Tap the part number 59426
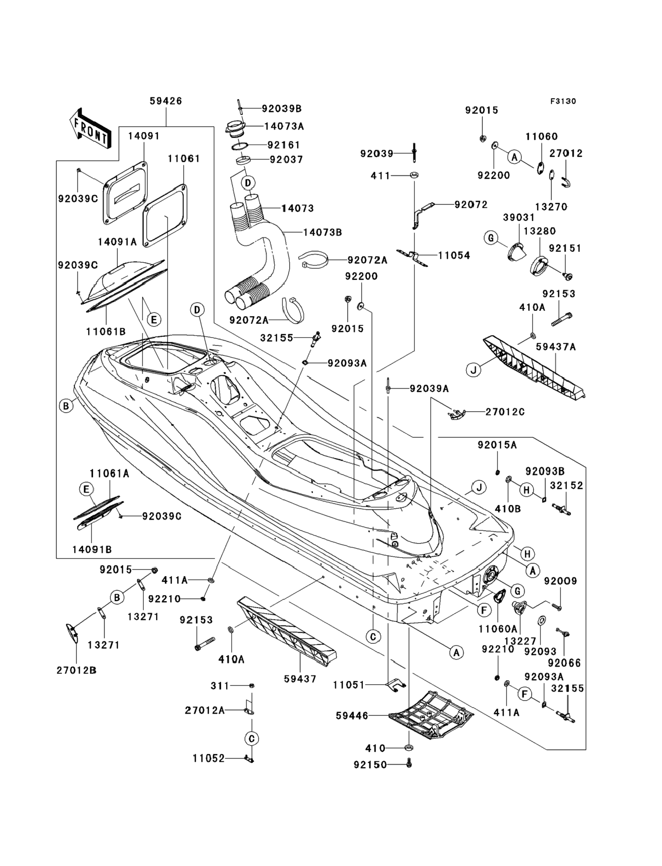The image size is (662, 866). click(165, 101)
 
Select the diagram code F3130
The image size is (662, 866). click(563, 101)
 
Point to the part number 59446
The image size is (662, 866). click(352, 716)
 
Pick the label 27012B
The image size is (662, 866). click(76, 670)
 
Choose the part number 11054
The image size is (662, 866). click(454, 256)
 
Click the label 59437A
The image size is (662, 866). click(556, 347)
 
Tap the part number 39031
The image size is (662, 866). click(519, 218)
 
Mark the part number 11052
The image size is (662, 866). click(208, 758)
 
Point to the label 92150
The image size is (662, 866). click(370, 764)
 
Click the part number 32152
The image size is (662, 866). click(566, 485)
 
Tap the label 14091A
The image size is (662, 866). click(117, 242)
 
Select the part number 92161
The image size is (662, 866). click(284, 145)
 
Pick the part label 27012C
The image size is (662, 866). click(505, 412)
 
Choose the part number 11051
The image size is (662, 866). click(349, 685)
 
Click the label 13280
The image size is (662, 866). click(540, 231)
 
